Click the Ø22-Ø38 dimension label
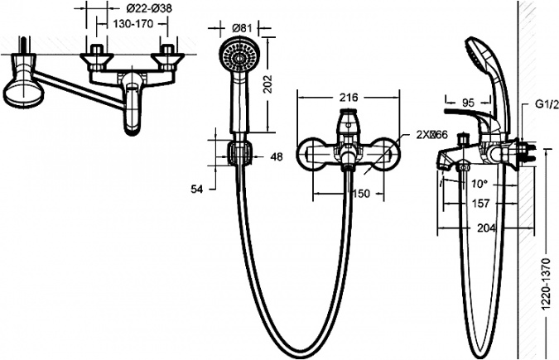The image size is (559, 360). click(149, 7)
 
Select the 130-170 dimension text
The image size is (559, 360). click(133, 24)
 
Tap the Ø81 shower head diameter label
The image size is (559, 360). click(242, 28)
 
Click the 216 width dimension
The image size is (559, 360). click(349, 98)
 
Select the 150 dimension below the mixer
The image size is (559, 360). click(362, 194)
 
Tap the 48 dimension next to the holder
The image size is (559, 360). click(277, 156)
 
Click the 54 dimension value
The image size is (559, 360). click(197, 190)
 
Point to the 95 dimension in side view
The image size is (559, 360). click(468, 103)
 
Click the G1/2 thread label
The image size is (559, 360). click(547, 105)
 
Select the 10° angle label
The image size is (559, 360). click(479, 184)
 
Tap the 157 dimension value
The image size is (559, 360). click(480, 204)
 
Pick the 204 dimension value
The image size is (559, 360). click(486, 228)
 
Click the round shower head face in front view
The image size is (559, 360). click(239, 57)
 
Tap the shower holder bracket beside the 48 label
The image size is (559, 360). click(239, 153)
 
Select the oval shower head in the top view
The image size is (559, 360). click(23, 94)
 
